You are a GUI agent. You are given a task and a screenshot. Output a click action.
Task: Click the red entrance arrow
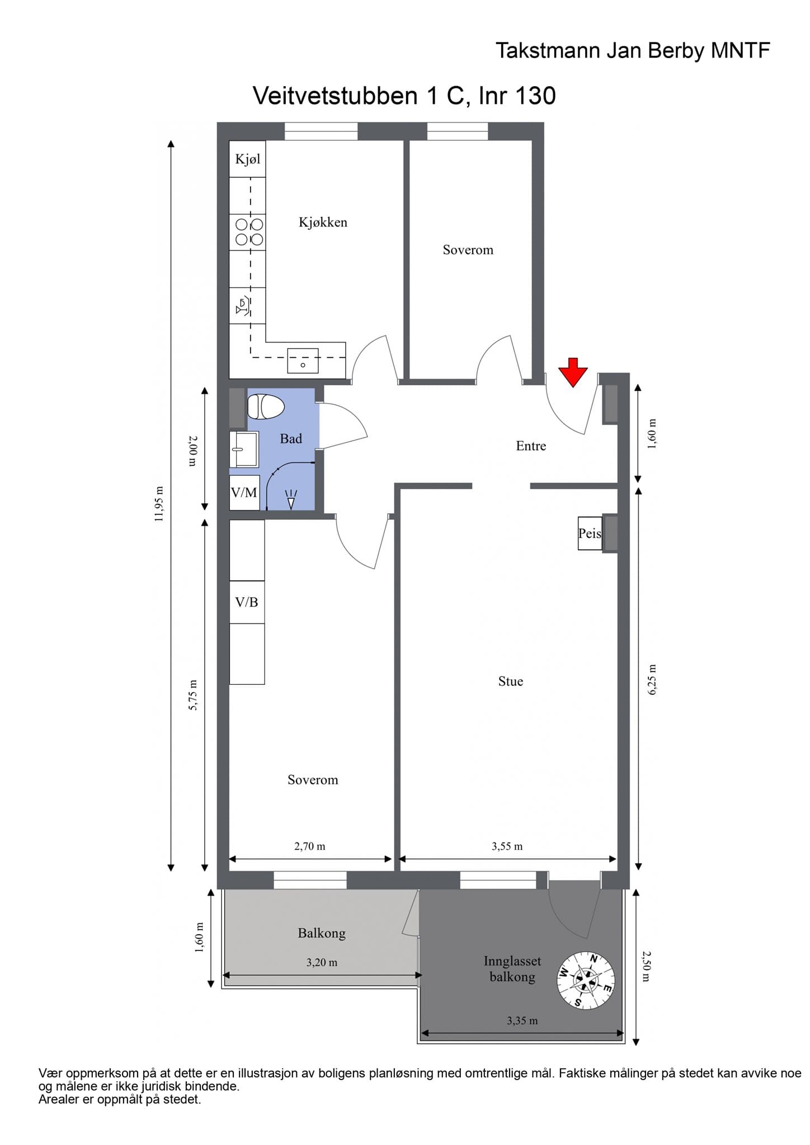coord(573,372)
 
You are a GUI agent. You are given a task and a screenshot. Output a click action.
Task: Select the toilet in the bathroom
coord(266,406)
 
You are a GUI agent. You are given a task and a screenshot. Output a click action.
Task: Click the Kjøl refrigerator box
coord(248,159)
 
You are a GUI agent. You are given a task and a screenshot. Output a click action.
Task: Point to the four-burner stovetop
coord(249,232)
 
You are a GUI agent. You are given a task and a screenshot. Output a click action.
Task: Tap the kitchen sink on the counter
coord(303,361)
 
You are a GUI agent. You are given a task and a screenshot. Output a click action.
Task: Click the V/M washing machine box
coord(244,493)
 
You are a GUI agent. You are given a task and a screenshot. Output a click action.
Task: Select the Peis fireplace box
coord(590,533)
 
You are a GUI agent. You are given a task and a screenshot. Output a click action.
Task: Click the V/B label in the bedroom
coord(247,602)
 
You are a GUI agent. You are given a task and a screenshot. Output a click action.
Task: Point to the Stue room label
coord(511,681)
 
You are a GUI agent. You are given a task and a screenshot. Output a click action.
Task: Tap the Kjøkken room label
coord(323,223)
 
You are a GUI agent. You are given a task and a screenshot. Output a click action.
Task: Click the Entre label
coord(531,446)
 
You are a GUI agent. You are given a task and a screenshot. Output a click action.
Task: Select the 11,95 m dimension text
coord(159,504)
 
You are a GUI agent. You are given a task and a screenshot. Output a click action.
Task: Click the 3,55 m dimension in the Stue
coord(507,846)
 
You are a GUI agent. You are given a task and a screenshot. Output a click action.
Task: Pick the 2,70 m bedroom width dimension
coord(310,846)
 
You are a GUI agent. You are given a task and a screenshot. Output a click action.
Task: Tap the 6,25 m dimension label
coord(652,679)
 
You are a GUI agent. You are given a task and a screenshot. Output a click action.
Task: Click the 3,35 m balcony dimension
coord(522,1021)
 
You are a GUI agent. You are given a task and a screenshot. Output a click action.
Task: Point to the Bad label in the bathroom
coord(291,439)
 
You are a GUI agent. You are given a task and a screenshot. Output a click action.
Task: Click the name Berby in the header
coord(676,51)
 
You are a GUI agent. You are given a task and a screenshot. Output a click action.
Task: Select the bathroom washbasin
coord(244,449)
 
